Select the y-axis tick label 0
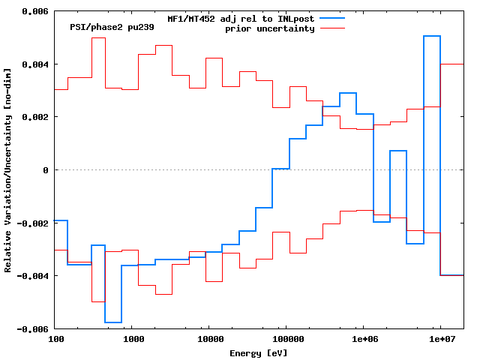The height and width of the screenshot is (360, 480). [x=46, y=170]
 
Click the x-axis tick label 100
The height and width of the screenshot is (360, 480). [x=55, y=339]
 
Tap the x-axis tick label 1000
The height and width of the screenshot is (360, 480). [x=133, y=339]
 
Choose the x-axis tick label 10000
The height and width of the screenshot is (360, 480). [x=210, y=339]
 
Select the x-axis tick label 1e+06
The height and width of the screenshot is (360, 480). [x=364, y=339]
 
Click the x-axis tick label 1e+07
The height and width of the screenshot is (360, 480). [x=441, y=339]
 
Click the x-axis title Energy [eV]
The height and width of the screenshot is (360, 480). [x=259, y=352]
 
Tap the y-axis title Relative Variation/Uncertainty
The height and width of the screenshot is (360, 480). [x=8, y=170]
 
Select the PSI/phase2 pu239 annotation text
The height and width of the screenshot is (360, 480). [x=101, y=26]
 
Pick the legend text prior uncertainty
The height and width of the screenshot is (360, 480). [x=270, y=28]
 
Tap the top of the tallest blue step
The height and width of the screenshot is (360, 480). [x=431, y=36]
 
